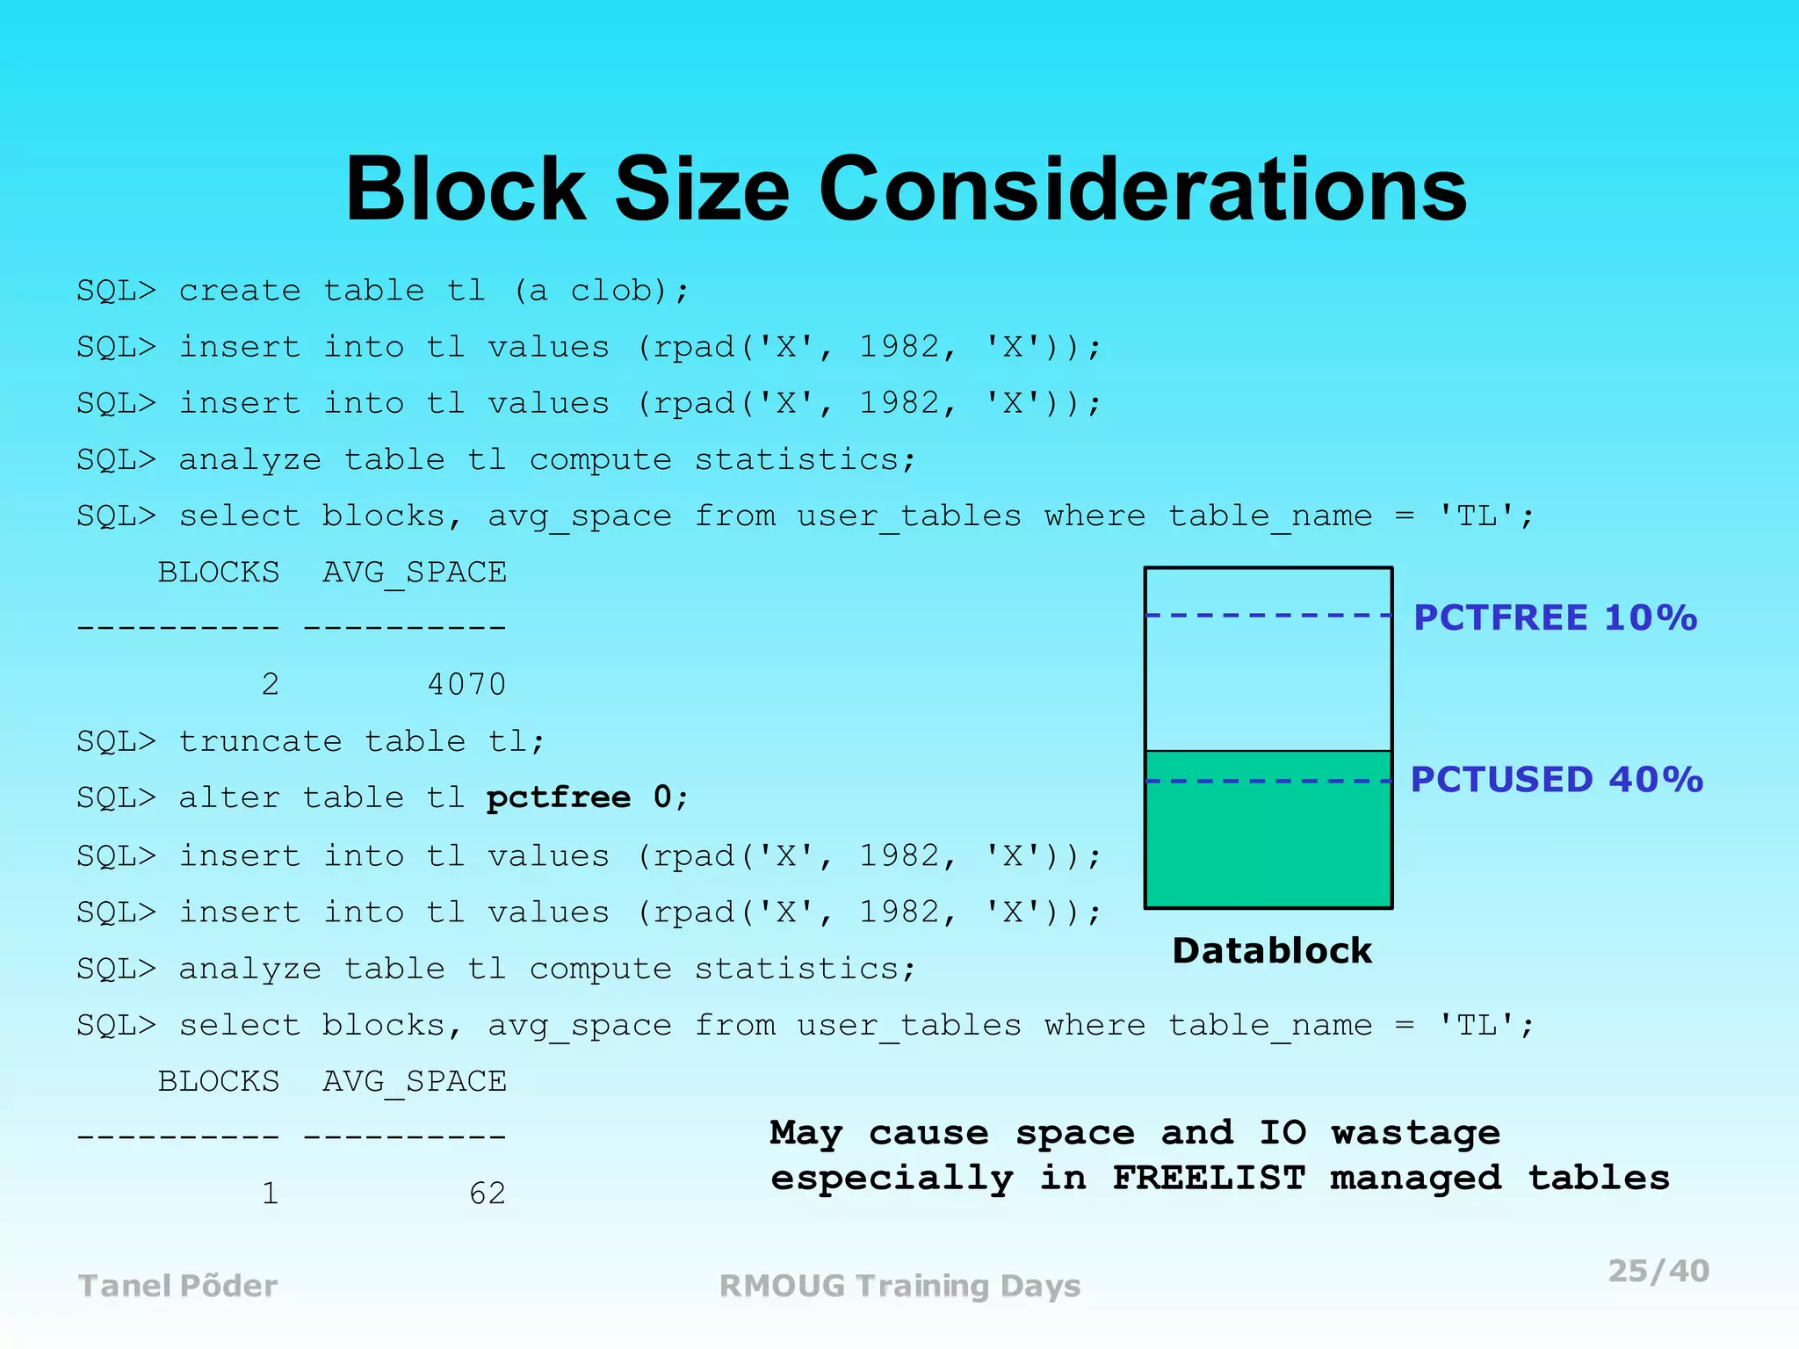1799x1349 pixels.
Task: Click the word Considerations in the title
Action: click(x=1143, y=190)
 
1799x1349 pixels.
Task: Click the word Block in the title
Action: click(x=466, y=190)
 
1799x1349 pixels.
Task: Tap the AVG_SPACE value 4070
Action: click(x=466, y=684)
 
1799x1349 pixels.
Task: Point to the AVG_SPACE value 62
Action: click(x=488, y=1193)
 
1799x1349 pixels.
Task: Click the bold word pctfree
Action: click(x=559, y=797)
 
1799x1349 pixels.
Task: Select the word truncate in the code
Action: click(x=260, y=741)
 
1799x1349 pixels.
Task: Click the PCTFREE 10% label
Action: click(x=1555, y=617)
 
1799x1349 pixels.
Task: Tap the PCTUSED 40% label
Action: click(x=1557, y=780)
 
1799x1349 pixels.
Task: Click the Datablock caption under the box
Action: click(x=1272, y=950)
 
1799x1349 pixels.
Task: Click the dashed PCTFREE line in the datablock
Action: click(x=1268, y=616)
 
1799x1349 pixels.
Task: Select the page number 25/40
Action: click(x=1658, y=1271)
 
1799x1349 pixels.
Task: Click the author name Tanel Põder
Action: click(x=178, y=1286)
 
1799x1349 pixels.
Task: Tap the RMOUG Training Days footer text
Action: click(x=899, y=1286)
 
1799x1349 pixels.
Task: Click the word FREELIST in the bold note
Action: click(x=1209, y=1178)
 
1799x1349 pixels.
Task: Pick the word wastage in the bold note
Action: click(x=1416, y=1133)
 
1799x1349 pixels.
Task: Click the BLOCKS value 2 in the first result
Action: click(x=270, y=684)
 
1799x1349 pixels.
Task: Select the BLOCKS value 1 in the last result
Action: click(x=270, y=1193)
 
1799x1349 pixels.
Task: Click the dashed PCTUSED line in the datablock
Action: click(x=1268, y=781)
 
